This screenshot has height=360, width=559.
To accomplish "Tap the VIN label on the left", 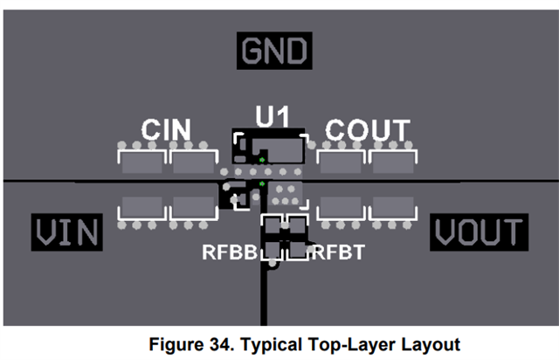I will (66, 232).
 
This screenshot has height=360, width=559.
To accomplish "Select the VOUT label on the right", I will (479, 232).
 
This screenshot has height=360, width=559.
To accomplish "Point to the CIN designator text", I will (166, 129).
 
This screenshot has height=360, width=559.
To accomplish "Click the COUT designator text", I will (367, 129).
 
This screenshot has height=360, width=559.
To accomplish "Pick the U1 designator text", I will (273, 116).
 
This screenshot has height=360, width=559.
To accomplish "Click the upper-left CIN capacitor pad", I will (141, 162).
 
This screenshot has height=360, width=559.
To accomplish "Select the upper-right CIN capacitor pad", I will (193, 162).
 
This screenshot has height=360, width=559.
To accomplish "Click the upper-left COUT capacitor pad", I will (341, 162).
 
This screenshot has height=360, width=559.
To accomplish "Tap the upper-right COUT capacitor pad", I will (392, 162).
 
